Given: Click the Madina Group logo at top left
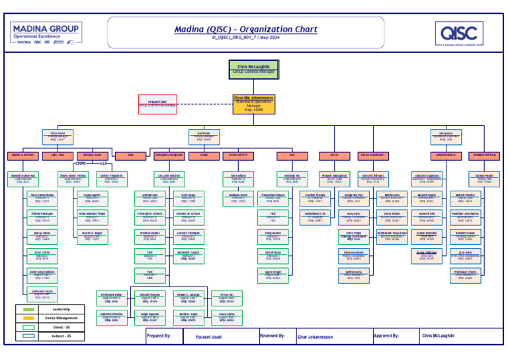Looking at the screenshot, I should pyautogui.click(x=42, y=33).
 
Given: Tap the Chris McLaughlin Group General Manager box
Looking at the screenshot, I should pyautogui.click(x=254, y=68).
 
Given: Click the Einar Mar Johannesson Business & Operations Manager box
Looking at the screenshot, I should pyautogui.click(x=254, y=101).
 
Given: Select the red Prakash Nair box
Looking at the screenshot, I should pyautogui.click(x=157, y=103).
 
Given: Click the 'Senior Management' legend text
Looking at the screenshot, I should pyautogui.click(x=60, y=318).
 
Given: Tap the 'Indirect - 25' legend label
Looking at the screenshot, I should pyautogui.click(x=60, y=336).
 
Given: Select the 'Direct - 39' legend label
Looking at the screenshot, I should pyautogui.click(x=60, y=328).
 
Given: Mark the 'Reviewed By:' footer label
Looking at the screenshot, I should pyautogui.click(x=273, y=336).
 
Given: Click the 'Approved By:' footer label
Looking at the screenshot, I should pyautogui.click(x=386, y=336).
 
